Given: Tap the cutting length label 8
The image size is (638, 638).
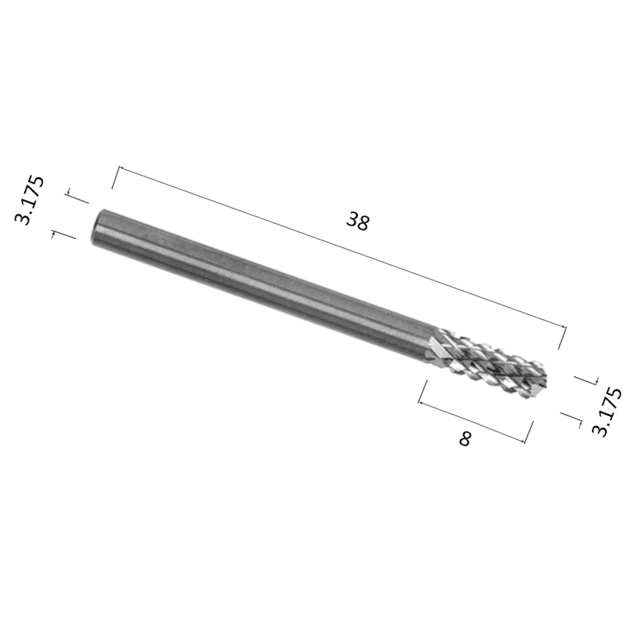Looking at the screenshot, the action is tap(464, 439).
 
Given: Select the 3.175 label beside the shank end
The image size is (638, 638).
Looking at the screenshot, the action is tap(29, 200).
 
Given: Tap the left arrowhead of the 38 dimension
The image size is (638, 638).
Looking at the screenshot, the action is tap(121, 168).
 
